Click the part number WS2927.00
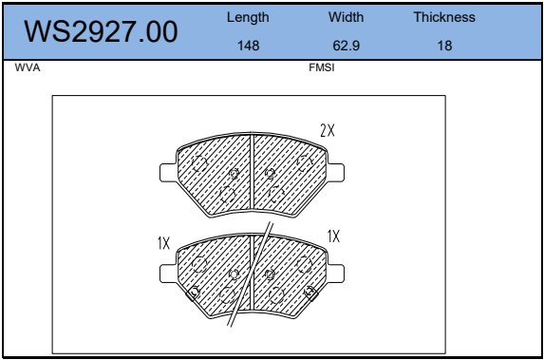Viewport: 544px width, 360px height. coord(101,31)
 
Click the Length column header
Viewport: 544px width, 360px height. coord(248,17)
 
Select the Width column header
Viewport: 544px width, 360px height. coord(346,17)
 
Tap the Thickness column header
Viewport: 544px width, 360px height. coord(444,17)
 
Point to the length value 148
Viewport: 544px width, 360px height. coord(248,46)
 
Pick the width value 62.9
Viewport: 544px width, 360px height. coord(346,46)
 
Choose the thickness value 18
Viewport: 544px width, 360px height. coord(444,46)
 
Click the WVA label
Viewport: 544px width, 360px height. coord(28,67)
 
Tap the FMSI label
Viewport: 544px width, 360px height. coord(322,67)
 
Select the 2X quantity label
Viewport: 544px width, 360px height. coord(328,130)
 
